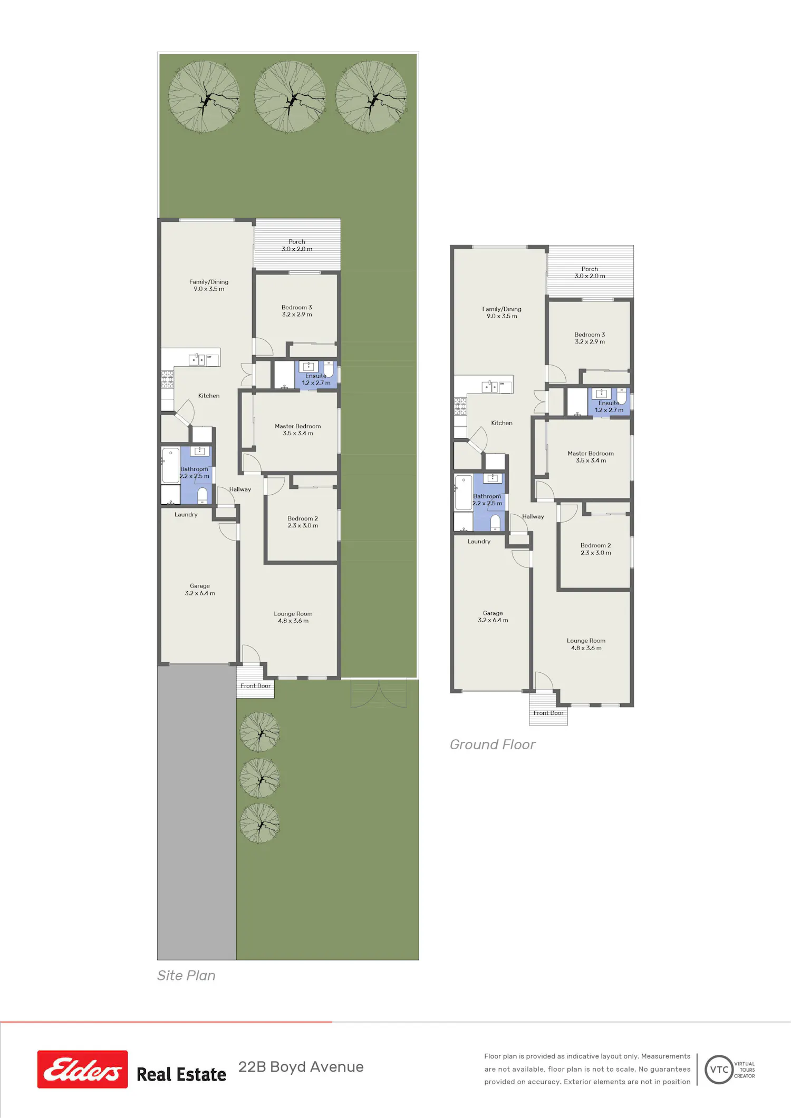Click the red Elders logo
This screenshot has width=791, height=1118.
click(x=82, y=1069)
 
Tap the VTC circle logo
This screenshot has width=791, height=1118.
click(x=719, y=1070)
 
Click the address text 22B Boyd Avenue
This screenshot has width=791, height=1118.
click(x=301, y=1067)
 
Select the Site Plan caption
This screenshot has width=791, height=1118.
click(x=186, y=976)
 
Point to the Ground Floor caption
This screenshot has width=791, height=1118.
click(x=493, y=744)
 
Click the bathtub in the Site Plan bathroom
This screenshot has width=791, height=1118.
click(x=171, y=465)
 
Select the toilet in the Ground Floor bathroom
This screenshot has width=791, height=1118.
click(x=495, y=523)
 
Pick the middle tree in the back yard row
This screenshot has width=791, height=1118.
click(x=290, y=96)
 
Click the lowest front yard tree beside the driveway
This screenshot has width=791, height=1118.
click(x=259, y=823)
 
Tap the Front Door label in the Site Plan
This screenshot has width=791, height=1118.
click(x=255, y=686)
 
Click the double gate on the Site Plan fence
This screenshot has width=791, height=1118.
click(x=379, y=693)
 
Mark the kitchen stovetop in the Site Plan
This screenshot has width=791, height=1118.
click(x=167, y=379)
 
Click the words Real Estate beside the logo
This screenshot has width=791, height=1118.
click(x=181, y=1074)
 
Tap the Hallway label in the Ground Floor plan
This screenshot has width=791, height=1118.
click(x=533, y=517)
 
